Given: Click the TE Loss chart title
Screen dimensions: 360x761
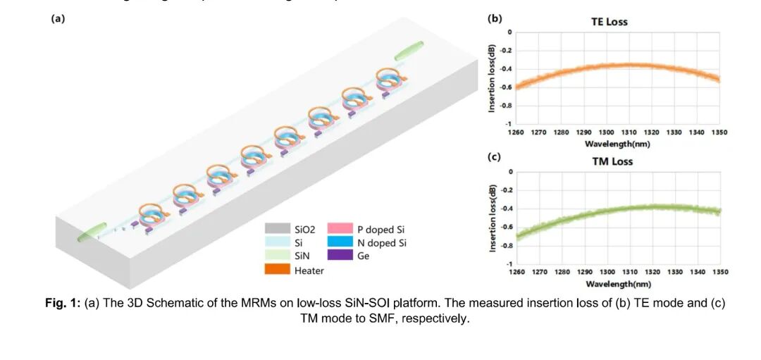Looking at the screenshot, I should (609, 22).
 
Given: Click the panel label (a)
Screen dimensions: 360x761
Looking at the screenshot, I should (58, 19).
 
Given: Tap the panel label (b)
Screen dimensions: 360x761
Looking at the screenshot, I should (495, 19).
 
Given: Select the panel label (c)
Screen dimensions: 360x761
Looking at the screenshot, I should (495, 157).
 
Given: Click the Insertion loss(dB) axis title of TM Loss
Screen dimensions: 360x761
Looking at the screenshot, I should (493, 218).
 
